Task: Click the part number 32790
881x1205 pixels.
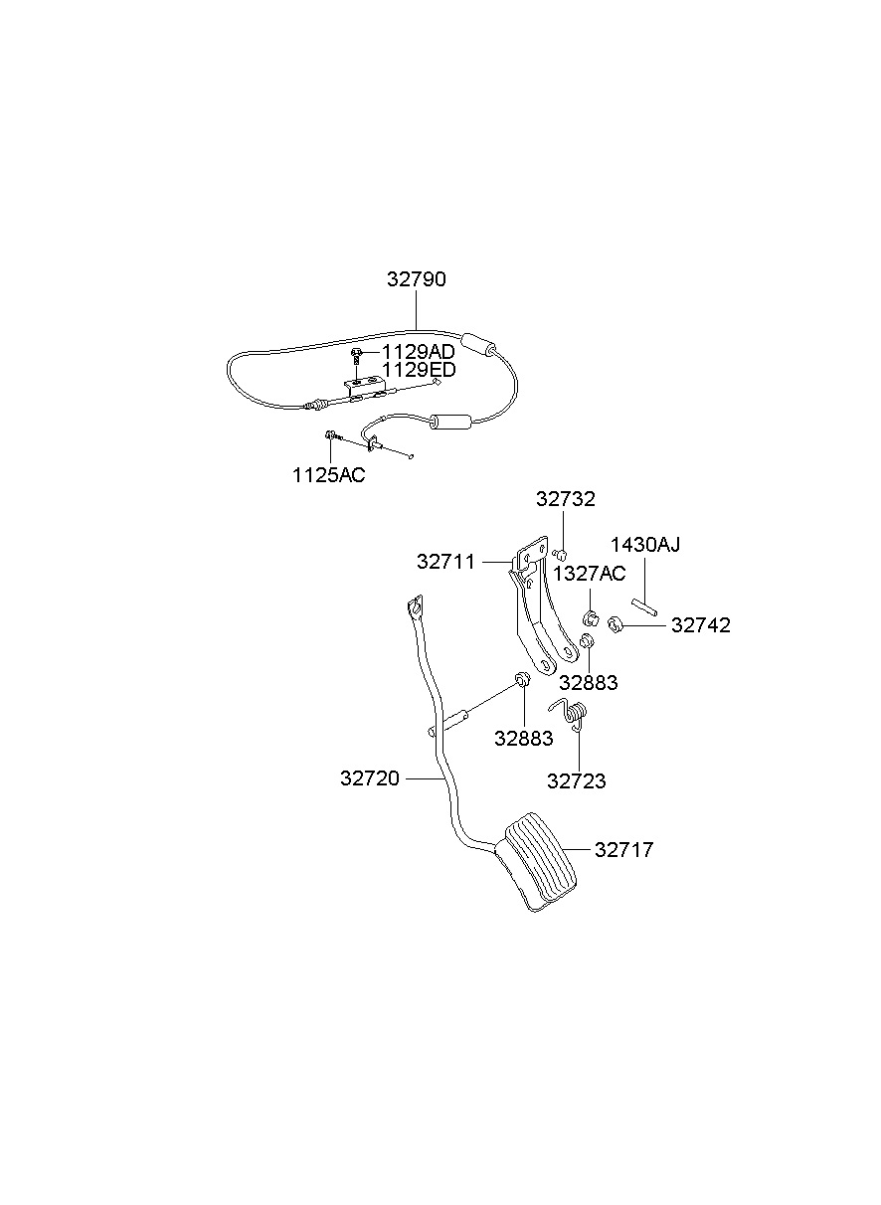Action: [417, 279]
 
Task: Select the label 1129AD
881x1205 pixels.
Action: [419, 352]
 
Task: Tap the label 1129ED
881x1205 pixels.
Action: [419, 370]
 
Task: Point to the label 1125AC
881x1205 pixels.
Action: [328, 474]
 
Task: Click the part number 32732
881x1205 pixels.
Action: [566, 499]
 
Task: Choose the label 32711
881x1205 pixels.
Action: [446, 562]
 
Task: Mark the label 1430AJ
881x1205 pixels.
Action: [645, 544]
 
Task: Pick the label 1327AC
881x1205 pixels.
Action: [590, 574]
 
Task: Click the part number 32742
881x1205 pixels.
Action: [700, 625]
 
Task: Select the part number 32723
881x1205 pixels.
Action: [577, 781]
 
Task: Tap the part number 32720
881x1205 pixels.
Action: [370, 778]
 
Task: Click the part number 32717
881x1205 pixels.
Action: [624, 850]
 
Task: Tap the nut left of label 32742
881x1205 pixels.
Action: [615, 625]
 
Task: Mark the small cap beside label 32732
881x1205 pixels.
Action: [561, 554]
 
